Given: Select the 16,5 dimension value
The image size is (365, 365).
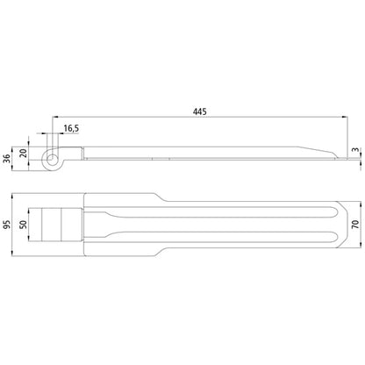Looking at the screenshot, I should click(x=71, y=128).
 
